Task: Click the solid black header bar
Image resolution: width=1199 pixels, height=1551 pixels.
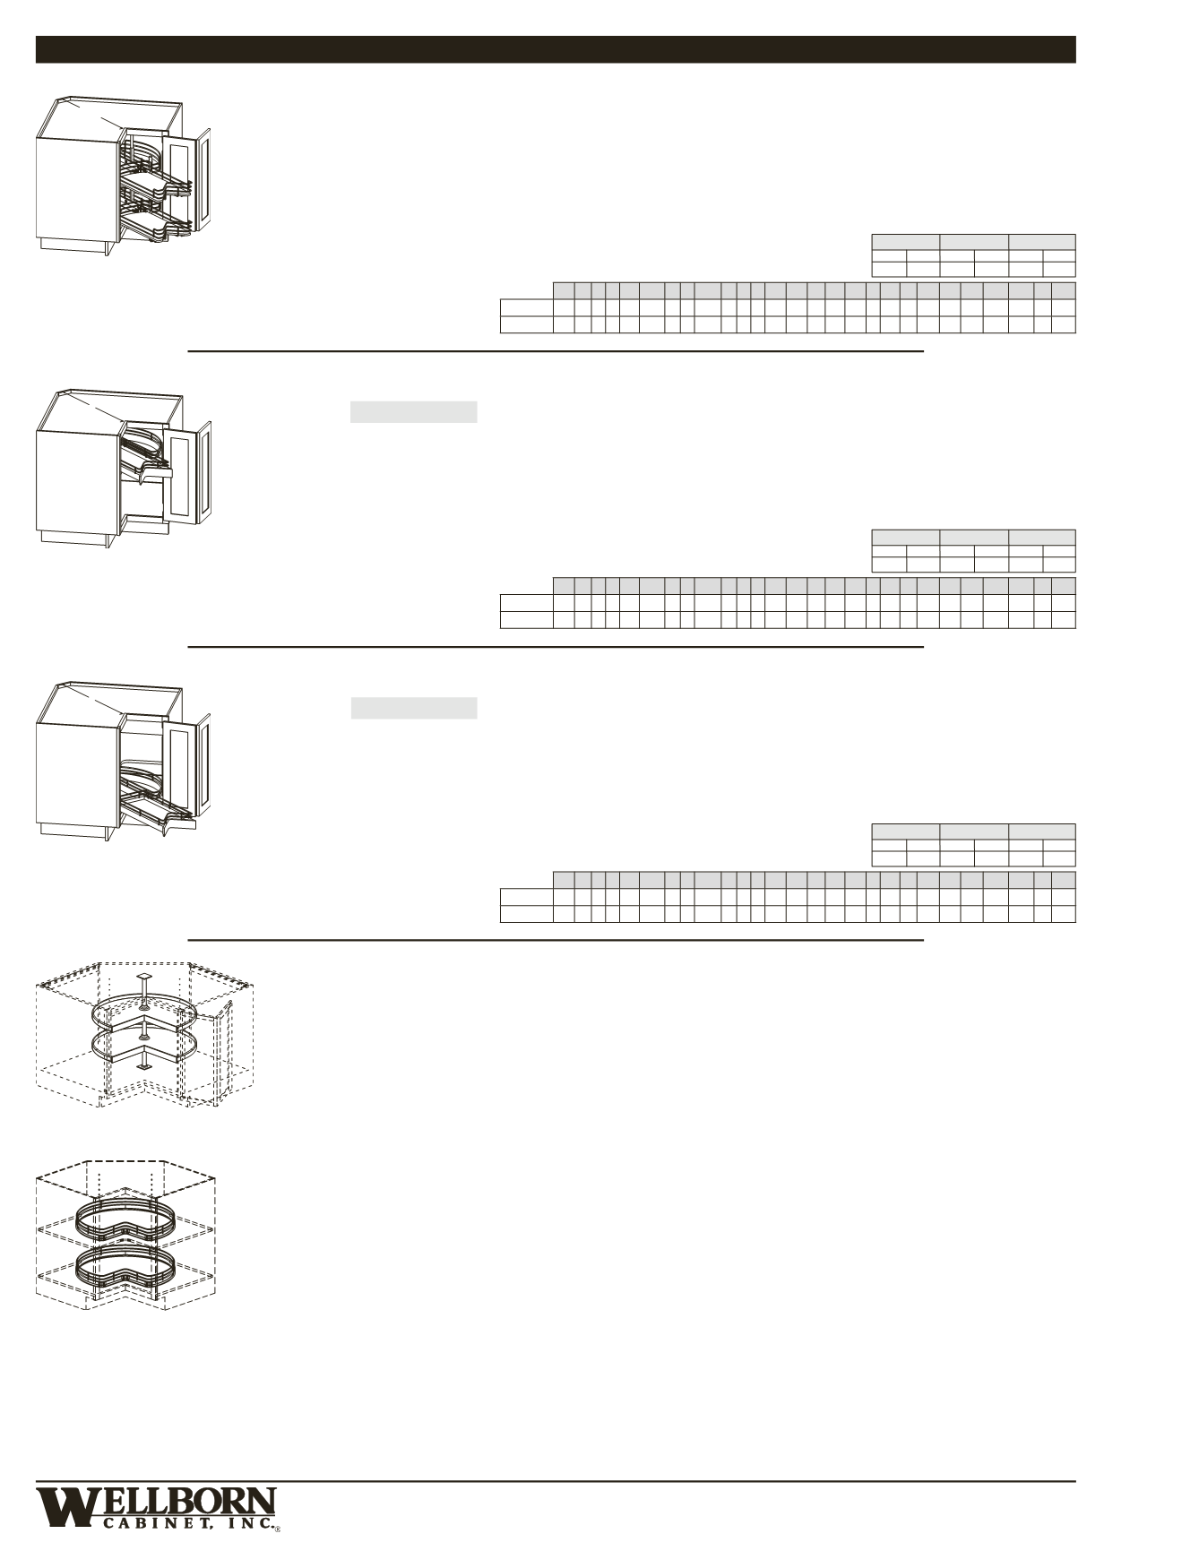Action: coord(556,49)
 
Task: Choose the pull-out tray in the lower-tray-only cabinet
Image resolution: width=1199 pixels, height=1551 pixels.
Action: coord(156,797)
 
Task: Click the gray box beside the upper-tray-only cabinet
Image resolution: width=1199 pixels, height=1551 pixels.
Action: coord(413,412)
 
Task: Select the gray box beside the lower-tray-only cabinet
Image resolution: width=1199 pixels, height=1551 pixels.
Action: coord(413,708)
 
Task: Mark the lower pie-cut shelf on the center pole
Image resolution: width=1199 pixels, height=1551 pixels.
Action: coord(143,1045)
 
